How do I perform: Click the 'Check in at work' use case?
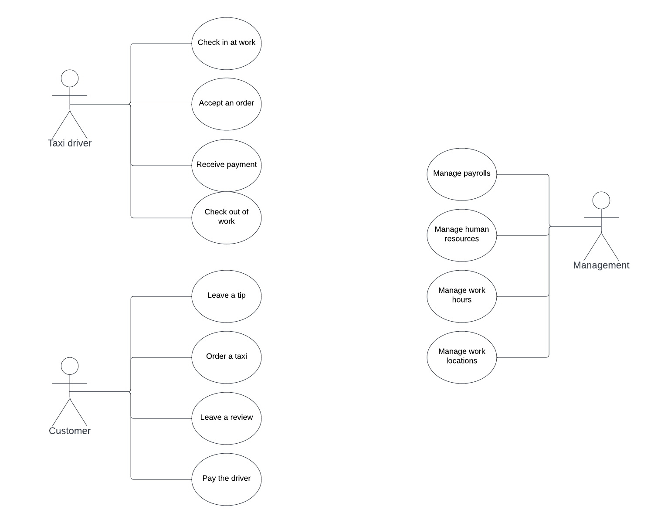226,43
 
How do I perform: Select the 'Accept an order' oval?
226,104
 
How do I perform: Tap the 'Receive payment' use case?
226,165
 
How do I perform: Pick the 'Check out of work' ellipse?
226,217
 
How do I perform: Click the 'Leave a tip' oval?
226,296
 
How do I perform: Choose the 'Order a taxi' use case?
226,357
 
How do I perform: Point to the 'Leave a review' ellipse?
226,418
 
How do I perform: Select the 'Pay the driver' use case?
226,479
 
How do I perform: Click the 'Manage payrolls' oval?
461,174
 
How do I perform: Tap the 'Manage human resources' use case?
461,235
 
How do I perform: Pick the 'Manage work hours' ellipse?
461,296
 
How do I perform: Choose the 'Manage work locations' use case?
461,357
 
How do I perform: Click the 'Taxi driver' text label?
70,143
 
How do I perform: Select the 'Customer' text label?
70,431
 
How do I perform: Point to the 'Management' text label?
601,265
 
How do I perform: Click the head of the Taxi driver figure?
70,78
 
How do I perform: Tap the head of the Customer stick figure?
70,366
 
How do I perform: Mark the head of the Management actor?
601,200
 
